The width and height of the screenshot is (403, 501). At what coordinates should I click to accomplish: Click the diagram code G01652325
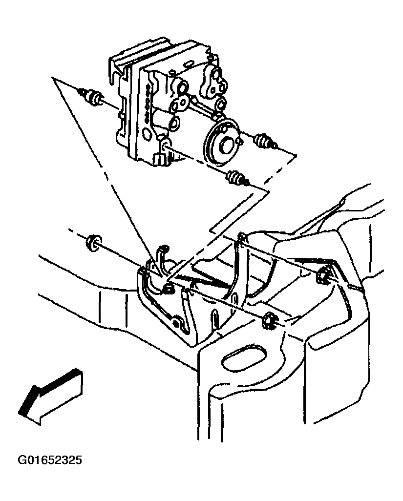point(49,460)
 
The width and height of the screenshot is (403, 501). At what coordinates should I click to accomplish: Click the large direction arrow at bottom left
point(51,397)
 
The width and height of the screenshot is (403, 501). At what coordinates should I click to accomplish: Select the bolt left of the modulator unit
point(90,96)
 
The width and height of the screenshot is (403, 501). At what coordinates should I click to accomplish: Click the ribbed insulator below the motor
point(237,178)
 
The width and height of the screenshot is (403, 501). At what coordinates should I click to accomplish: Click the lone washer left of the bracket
point(93,243)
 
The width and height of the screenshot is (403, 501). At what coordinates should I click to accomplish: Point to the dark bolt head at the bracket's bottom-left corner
point(175,323)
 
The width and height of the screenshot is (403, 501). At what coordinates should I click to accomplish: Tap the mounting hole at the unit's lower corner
point(165,146)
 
